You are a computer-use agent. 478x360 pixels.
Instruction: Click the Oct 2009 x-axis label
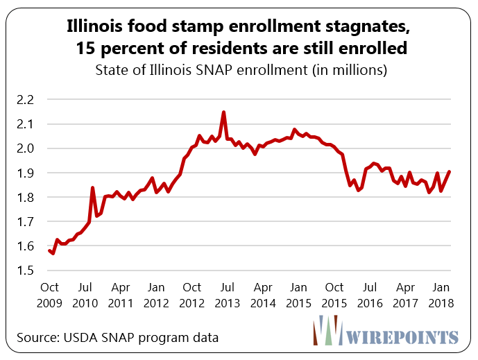click(x=49, y=295)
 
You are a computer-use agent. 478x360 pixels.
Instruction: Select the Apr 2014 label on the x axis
click(x=263, y=295)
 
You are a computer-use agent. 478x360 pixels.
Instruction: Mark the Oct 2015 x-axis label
click(x=334, y=295)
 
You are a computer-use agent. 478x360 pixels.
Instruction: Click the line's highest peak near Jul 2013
click(x=223, y=112)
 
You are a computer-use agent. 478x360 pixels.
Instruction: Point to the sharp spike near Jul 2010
click(x=93, y=187)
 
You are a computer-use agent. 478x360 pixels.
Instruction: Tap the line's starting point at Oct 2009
click(x=49, y=250)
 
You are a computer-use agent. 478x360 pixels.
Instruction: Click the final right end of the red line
click(x=450, y=171)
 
